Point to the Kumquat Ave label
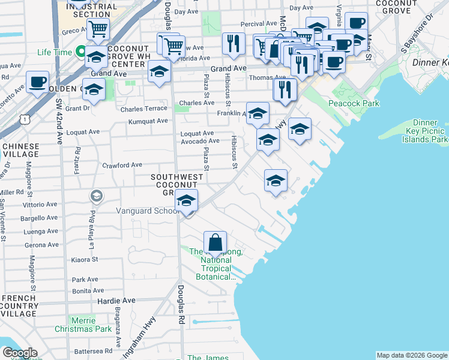click(x=148, y=121)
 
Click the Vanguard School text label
click(x=145, y=211)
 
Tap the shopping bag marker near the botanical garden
click(x=215, y=243)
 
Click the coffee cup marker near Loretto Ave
click(x=37, y=82)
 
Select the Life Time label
click(x=55, y=52)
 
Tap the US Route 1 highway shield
click(x=23, y=120)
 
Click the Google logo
click(x=20, y=353)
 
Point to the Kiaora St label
click(x=85, y=260)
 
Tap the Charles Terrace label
click(x=143, y=109)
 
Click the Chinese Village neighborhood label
click(x=21, y=151)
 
